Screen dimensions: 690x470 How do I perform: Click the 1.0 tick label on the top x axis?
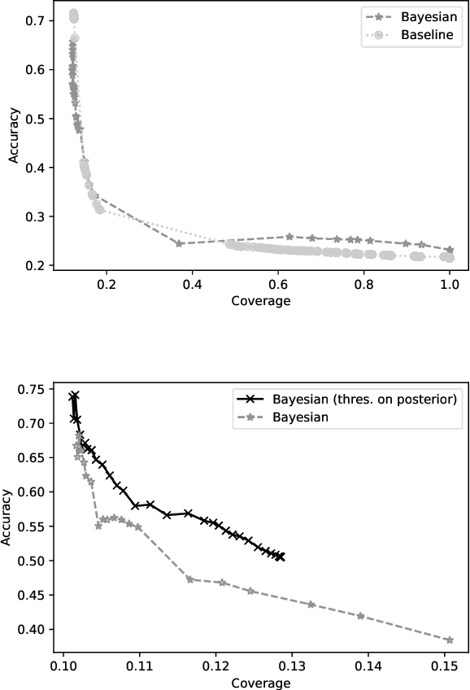[449, 285]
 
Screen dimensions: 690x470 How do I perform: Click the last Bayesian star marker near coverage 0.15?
[449, 640]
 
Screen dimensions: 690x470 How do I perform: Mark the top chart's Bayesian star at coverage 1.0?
[449, 250]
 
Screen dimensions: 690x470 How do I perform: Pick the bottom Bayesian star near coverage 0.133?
[311, 605]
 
